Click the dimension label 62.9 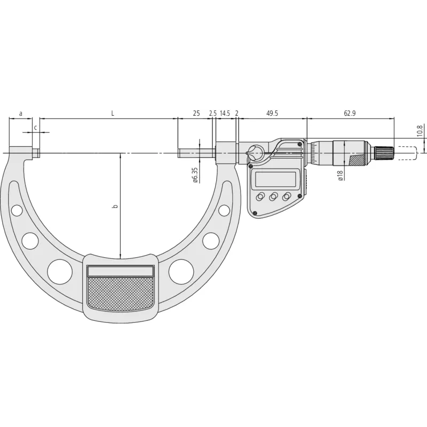pyautogui.click(x=350, y=114)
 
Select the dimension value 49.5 pyautogui.click(x=272, y=114)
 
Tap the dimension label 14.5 pyautogui.click(x=225, y=114)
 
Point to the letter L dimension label pyautogui.click(x=112, y=114)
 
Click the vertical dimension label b pyautogui.click(x=115, y=205)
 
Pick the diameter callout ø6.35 pyautogui.click(x=195, y=174)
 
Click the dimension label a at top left pyautogui.click(x=21, y=114)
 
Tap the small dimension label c pyautogui.click(x=35, y=127)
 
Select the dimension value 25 pyautogui.click(x=196, y=114)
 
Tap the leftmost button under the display pyautogui.click(x=260, y=197)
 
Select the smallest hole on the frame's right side pyautogui.click(x=223, y=211)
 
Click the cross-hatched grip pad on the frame pyautogui.click(x=121, y=295)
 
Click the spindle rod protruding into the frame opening pyautogui.click(x=197, y=154)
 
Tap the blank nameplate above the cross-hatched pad pyautogui.click(x=121, y=271)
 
